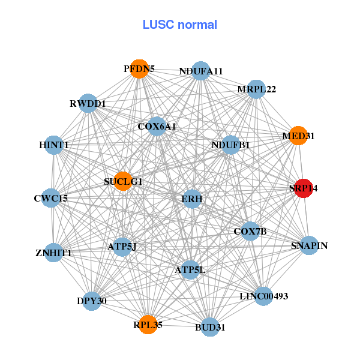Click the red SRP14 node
click(304, 188)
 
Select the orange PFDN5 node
click(139, 68)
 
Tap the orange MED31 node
click(298, 136)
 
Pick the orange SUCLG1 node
click(123, 181)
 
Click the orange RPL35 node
click(148, 324)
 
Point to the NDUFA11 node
click(201, 71)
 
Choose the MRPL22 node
click(256, 89)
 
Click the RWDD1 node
click(88, 103)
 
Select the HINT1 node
click(54, 145)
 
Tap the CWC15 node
click(51, 197)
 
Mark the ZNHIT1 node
click(53, 252)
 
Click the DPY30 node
click(92, 301)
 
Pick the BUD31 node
click(209, 327)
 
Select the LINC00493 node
click(264, 296)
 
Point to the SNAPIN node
click(309, 245)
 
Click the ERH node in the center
click(192, 199)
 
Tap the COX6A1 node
click(157, 126)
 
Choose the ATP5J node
click(122, 247)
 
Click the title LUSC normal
click(180, 25)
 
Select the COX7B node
click(250, 231)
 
